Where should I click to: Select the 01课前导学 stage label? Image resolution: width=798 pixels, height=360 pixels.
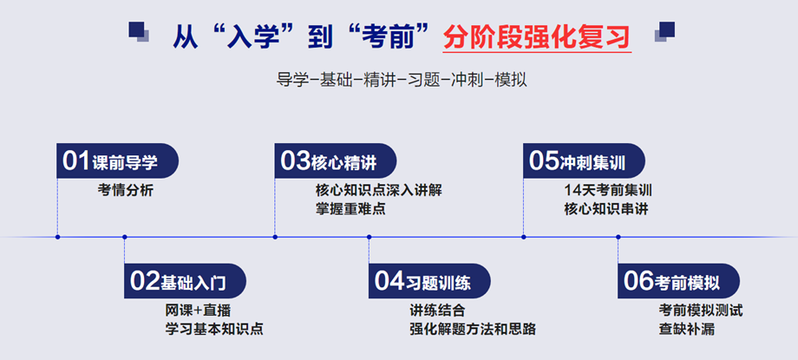tap(117, 161)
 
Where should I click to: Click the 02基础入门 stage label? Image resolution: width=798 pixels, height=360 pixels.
tap(184, 281)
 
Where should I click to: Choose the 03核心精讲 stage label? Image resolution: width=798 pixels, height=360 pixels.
tap(335, 161)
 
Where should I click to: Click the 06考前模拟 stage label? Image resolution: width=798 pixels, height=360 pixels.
tap(678, 281)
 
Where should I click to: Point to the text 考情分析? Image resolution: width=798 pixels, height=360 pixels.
tap(126, 191)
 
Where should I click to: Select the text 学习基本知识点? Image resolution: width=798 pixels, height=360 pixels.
tap(214, 329)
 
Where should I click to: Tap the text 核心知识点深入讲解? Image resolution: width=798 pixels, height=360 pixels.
tap(379, 191)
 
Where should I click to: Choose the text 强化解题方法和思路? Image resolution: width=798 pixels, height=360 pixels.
tap(473, 329)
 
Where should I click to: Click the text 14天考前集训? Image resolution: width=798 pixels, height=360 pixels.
tap(607, 191)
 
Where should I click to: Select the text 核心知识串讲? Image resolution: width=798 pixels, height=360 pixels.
tap(605, 209)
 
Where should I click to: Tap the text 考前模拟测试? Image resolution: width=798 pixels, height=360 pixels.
tap(701, 310)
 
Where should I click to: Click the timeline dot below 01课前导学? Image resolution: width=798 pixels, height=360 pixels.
tap(57, 236)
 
